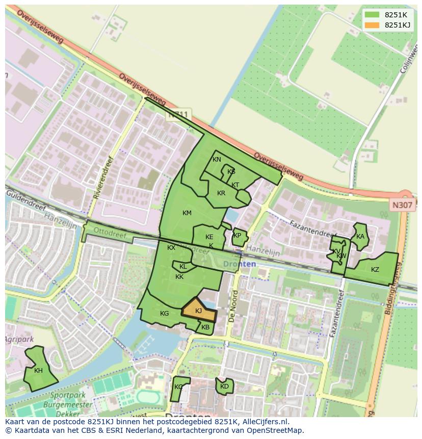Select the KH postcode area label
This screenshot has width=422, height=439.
(38, 371)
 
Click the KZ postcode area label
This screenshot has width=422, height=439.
(375, 270)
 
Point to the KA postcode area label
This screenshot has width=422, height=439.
(360, 236)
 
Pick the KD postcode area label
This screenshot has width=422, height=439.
(224, 386)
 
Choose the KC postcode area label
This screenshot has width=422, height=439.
(178, 387)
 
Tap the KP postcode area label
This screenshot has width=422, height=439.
(237, 236)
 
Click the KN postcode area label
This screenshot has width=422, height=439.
(217, 160)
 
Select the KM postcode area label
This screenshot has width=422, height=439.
(187, 213)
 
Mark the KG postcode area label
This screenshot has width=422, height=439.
(164, 314)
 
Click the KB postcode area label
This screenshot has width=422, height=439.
(205, 327)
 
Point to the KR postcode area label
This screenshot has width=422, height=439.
(221, 193)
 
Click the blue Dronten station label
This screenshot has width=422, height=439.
(240, 264)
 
